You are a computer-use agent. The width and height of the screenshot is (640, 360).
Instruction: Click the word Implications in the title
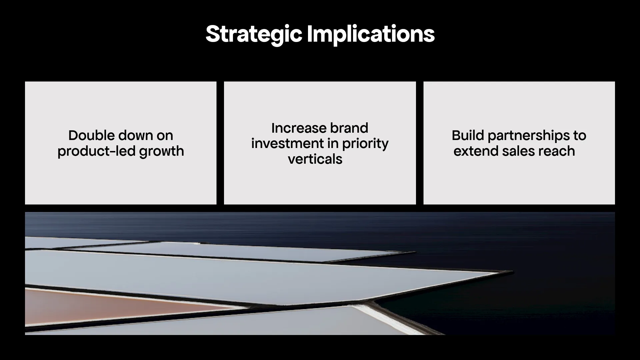click(x=371, y=34)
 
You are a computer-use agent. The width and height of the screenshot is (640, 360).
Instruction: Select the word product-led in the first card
click(x=96, y=151)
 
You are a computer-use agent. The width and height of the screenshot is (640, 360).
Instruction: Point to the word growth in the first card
click(x=161, y=151)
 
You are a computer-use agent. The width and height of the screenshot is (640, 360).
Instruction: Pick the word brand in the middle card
click(x=349, y=128)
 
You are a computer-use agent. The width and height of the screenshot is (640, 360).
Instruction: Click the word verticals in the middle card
click(x=315, y=159)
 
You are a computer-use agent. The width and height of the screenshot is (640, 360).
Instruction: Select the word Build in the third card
click(x=467, y=135)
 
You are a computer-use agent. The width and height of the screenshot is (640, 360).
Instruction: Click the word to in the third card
click(x=580, y=135)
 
